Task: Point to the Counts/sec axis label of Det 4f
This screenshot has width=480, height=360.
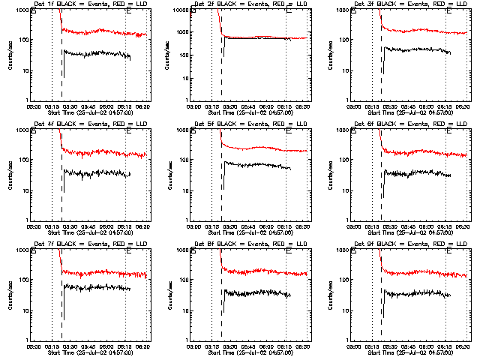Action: click(10, 174)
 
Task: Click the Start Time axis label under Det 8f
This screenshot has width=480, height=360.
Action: click(250, 353)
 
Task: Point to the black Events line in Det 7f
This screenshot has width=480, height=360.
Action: click(97, 287)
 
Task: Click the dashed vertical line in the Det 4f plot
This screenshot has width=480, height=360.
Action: click(62, 180)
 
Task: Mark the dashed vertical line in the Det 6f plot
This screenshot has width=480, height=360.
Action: click(381, 180)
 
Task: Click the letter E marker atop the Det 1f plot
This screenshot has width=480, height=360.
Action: click(129, 13)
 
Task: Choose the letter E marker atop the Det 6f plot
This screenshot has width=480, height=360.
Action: click(448, 133)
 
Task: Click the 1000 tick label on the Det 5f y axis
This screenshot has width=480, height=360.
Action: click(181, 130)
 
